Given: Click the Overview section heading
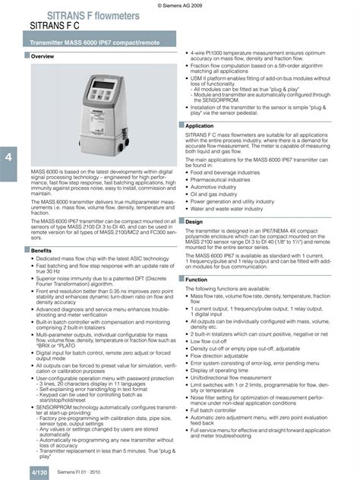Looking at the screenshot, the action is (42, 57).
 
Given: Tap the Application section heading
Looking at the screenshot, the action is (200, 125).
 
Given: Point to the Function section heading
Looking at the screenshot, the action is (197, 280).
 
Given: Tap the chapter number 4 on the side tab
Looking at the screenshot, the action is (8, 157).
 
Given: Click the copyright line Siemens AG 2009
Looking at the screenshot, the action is (182, 5).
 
